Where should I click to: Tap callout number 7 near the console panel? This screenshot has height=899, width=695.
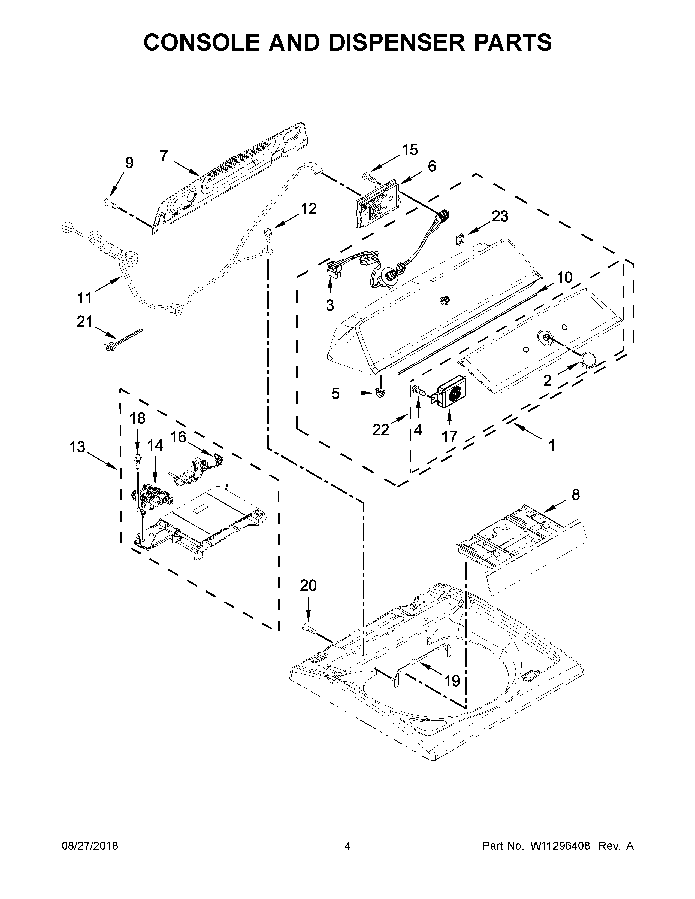point(164,156)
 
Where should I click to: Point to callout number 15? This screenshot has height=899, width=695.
point(410,150)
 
